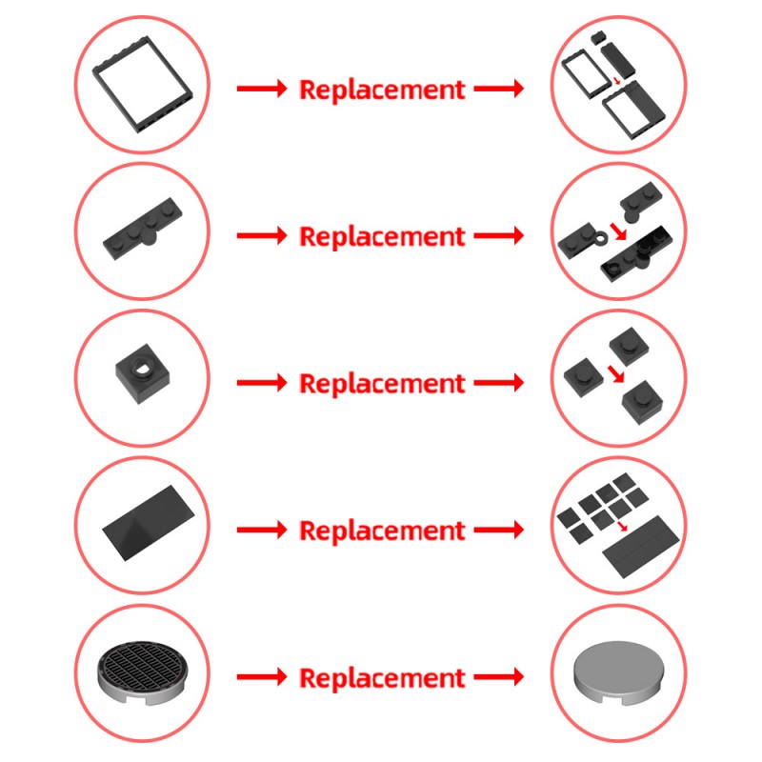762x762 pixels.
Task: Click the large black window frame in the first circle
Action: [101, 73]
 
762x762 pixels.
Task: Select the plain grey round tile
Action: [618, 672]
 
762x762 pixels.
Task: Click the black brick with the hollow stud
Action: [142, 373]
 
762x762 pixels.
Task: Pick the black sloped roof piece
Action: [149, 522]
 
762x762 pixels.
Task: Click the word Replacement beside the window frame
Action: [382, 90]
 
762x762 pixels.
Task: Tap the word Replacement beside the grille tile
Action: [382, 678]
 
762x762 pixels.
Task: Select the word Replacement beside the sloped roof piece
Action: [382, 531]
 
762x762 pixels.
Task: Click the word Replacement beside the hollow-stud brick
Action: [382, 384]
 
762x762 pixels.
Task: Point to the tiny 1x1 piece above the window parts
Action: [597, 36]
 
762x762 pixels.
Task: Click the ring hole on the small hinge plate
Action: [601, 238]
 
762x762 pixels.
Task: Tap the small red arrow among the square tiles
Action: [623, 527]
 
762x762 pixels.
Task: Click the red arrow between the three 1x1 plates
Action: [616, 373]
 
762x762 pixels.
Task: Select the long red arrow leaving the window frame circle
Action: [261, 89]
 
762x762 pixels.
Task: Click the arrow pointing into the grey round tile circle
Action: [499, 676]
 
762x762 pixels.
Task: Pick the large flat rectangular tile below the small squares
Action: [640, 547]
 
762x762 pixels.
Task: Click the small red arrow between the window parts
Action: [616, 80]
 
